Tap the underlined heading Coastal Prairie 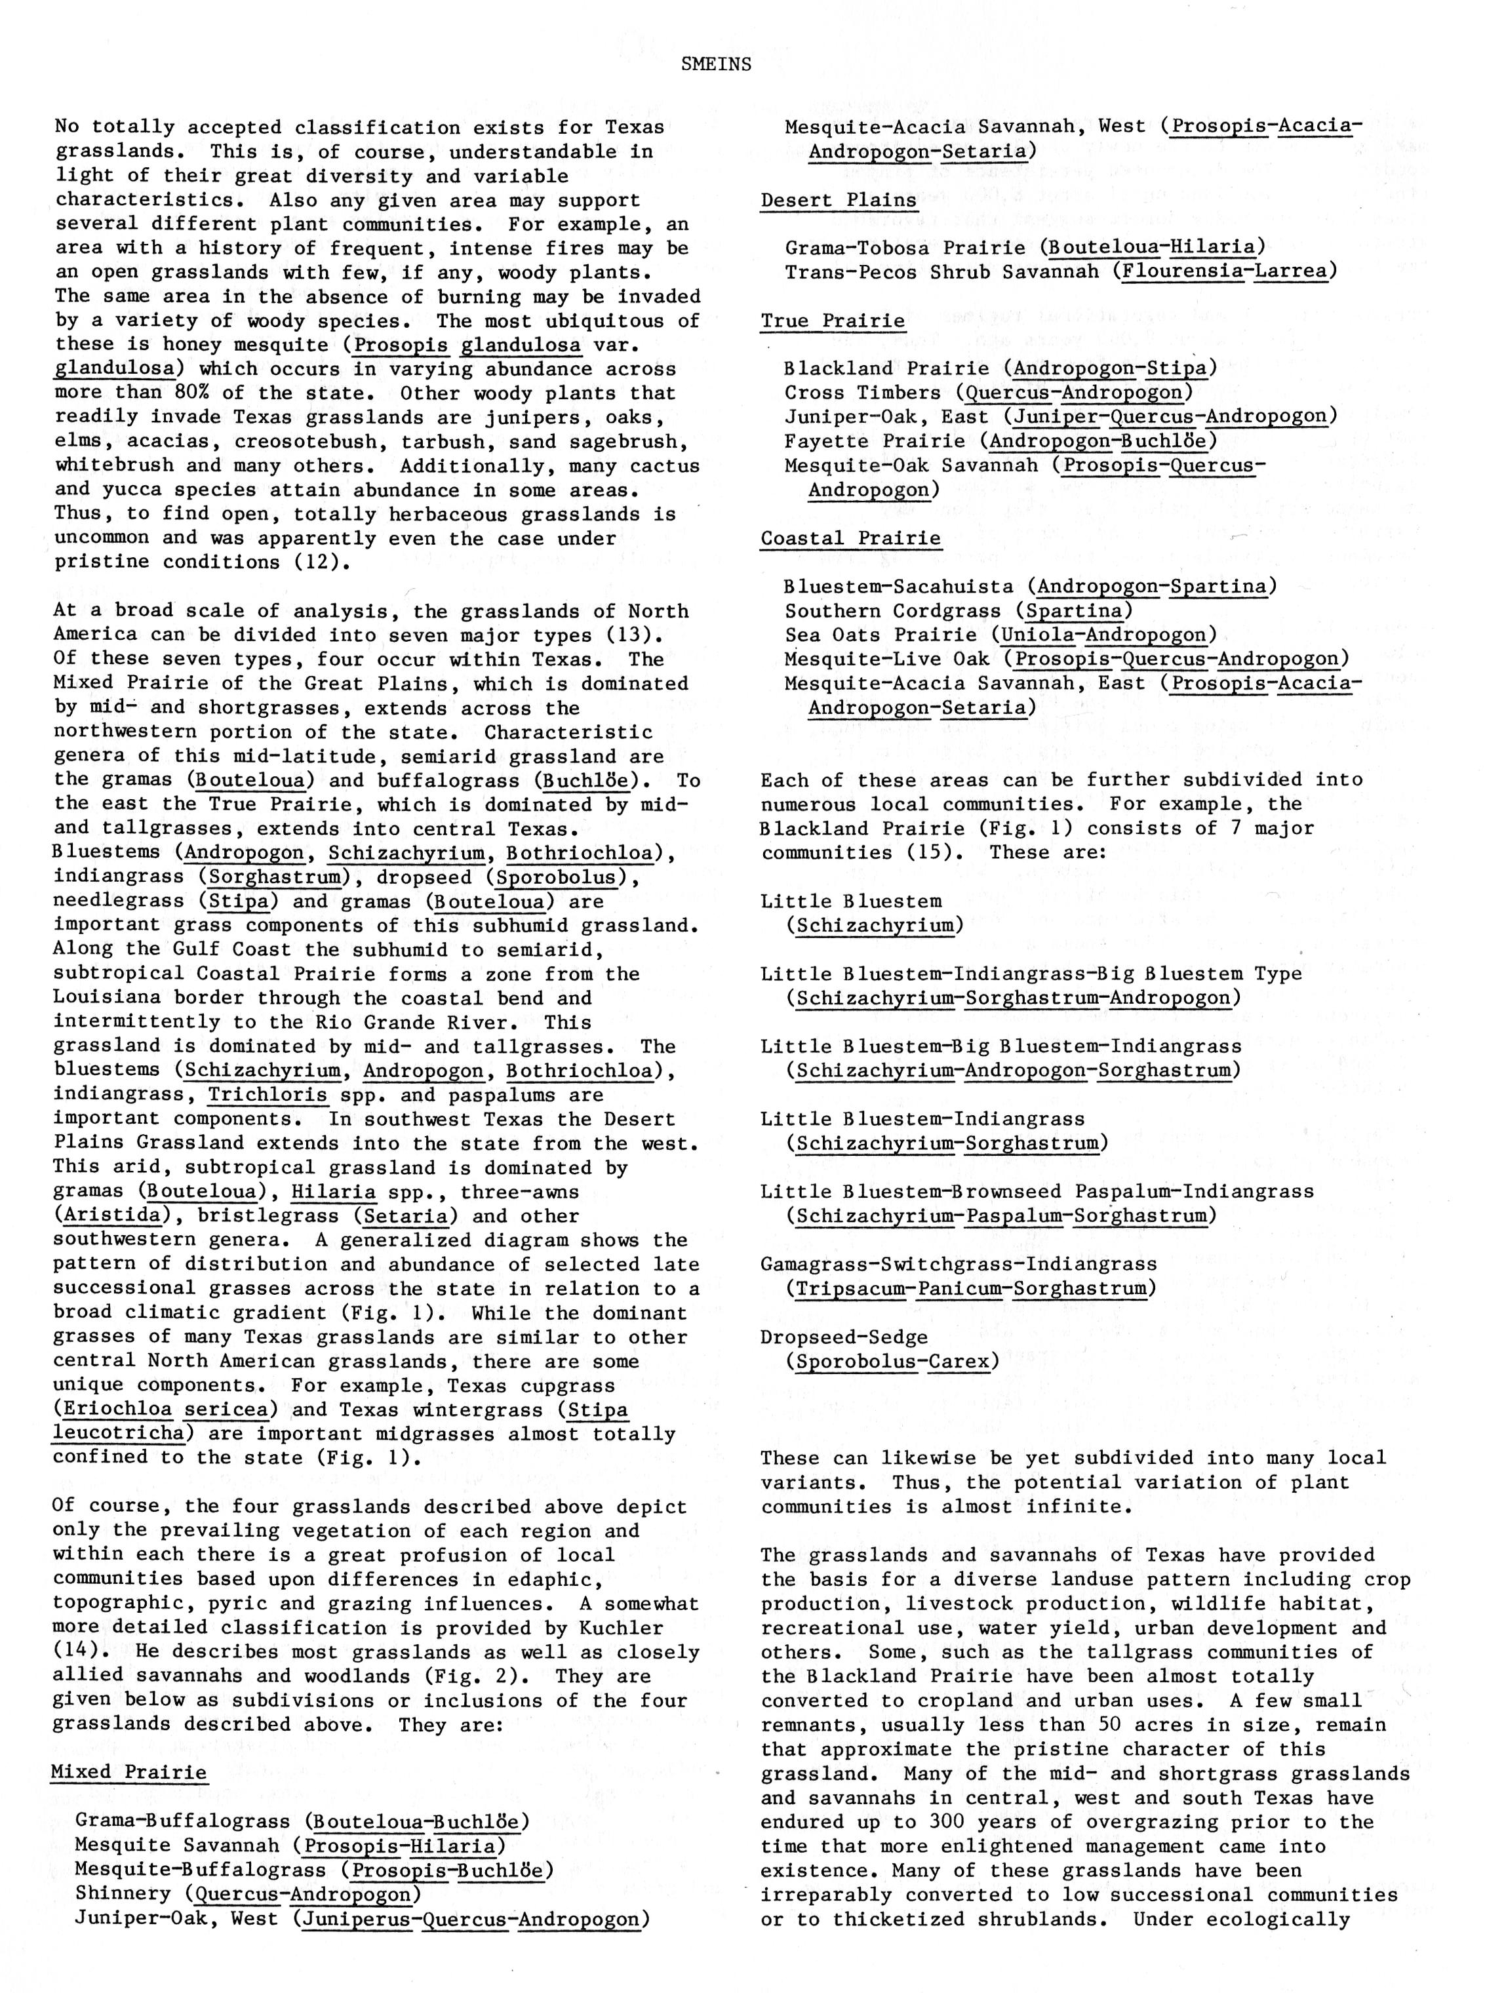pyautogui.click(x=850, y=538)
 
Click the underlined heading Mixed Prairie pyautogui.click(x=129, y=1772)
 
